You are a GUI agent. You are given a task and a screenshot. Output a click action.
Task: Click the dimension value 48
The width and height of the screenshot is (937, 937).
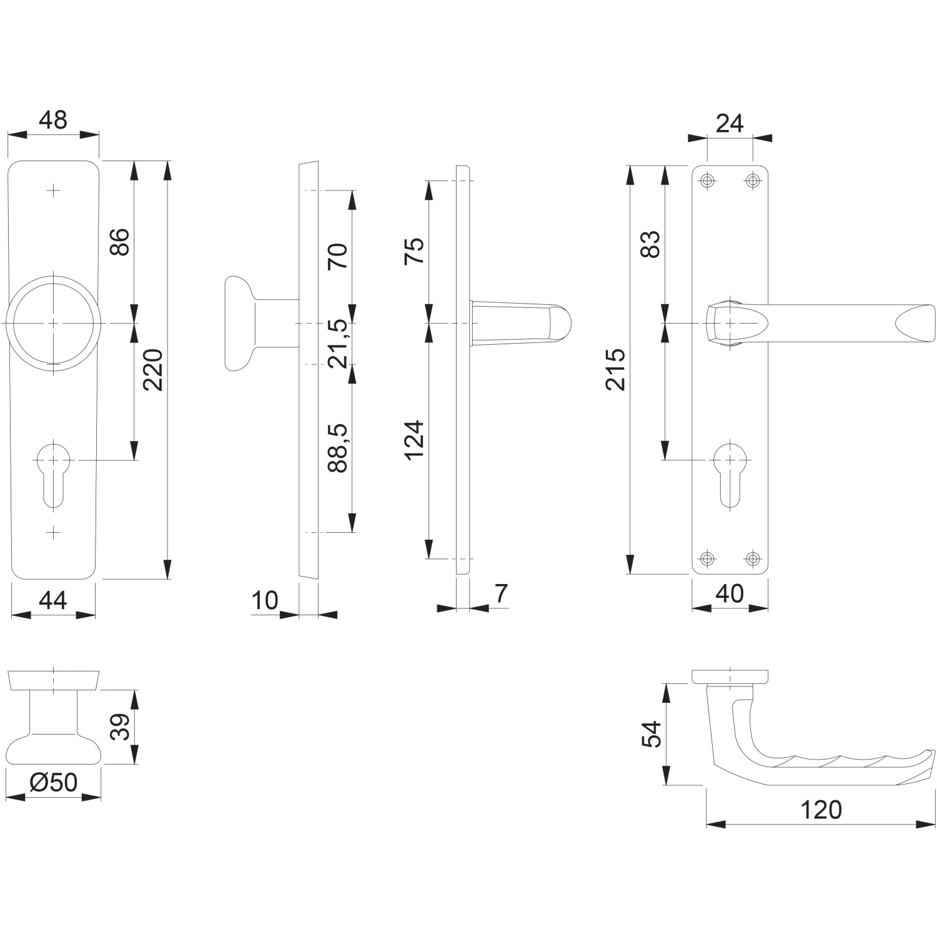53,119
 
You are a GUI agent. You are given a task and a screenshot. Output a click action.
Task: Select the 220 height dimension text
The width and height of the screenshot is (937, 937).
153,370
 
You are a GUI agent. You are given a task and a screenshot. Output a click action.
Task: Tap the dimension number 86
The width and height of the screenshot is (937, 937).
119,242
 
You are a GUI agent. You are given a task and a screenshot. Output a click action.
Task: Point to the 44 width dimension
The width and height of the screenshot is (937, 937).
53,600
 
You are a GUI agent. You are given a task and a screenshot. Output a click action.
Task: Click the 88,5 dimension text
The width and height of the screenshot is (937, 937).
337,447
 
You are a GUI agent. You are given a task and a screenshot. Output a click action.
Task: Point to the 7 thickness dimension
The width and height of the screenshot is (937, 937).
501,593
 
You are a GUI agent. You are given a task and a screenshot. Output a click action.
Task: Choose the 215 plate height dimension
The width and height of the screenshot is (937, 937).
616,369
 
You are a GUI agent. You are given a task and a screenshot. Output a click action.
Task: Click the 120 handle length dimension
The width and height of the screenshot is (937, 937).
821,810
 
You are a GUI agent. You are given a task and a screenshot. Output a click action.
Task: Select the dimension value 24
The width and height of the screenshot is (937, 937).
730,124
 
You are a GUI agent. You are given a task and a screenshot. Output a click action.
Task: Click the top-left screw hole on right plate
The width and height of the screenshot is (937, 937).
707,181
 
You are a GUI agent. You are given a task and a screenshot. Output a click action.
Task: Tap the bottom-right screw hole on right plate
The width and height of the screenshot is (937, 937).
753,558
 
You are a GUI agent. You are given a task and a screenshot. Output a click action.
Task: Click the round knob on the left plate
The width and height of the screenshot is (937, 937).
53,323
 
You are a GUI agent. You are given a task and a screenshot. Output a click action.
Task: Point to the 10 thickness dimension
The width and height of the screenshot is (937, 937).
265,600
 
